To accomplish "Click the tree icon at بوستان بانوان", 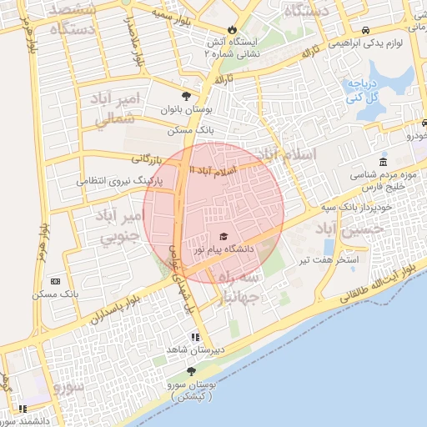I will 186,96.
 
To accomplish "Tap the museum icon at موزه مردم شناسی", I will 383,162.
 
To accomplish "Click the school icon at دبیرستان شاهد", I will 194,337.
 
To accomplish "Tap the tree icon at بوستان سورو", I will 192,371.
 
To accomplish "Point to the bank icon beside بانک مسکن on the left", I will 55,282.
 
